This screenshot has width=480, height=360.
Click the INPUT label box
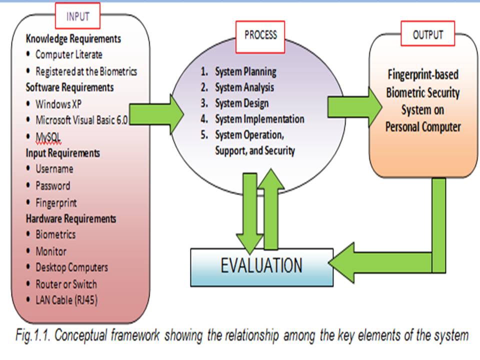[x=77, y=15]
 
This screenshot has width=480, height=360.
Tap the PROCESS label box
[x=260, y=36]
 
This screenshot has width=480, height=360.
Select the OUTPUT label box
[x=427, y=33]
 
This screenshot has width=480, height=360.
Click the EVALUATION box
[x=261, y=267]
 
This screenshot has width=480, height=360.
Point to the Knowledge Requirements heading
[x=73, y=39]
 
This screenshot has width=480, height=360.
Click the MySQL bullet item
[x=48, y=137]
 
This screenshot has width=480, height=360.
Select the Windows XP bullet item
[x=58, y=104]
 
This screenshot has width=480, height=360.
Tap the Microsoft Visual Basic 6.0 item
[x=81, y=120]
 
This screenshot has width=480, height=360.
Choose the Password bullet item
[x=52, y=185]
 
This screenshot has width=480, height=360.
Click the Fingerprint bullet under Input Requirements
[x=56, y=202]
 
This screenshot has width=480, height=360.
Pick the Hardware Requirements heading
[x=71, y=218]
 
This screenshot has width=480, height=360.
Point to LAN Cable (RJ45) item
[x=66, y=300]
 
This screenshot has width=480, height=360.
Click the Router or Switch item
[x=66, y=284]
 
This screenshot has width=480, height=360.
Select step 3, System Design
[x=235, y=103]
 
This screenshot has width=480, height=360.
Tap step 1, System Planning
[x=238, y=71]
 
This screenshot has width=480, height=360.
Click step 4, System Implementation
[x=252, y=119]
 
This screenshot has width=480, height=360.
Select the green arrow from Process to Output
[x=355, y=107]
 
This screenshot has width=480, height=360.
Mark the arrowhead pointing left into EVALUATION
[x=341, y=262]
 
